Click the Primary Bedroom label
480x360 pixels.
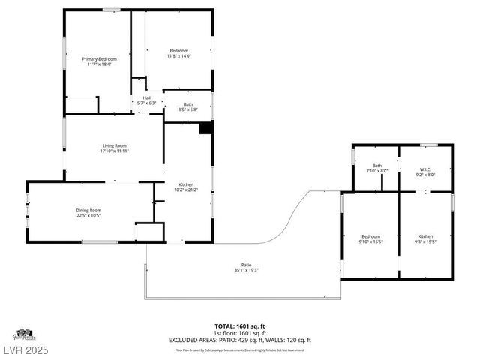click(x=99, y=58)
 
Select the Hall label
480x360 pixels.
click(x=147, y=97)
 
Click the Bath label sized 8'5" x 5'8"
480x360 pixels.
click(x=187, y=104)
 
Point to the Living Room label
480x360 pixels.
click(x=114, y=145)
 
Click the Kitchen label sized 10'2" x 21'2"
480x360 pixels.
click(x=186, y=185)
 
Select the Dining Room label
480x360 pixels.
click(x=88, y=211)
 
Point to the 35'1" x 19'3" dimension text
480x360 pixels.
click(x=247, y=269)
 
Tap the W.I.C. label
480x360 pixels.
click(x=424, y=169)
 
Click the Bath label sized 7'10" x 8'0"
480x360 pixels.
click(x=376, y=166)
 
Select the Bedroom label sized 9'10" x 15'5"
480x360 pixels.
click(x=371, y=236)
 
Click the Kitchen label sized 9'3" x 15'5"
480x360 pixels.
click(x=425, y=236)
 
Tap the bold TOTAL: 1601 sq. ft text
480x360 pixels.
click(x=240, y=325)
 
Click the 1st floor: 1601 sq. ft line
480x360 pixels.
click(x=240, y=332)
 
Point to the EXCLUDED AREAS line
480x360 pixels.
click(x=240, y=340)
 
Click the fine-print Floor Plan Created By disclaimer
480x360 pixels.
click(x=240, y=349)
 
